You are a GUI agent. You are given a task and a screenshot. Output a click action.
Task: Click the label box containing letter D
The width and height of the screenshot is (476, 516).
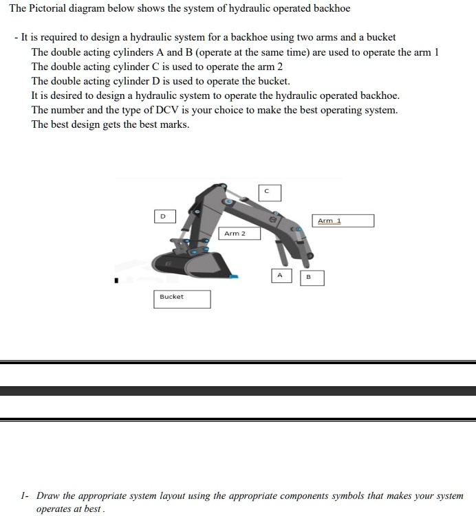[x=164, y=216]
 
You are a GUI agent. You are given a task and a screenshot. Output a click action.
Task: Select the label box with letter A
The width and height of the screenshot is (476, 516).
[x=281, y=276]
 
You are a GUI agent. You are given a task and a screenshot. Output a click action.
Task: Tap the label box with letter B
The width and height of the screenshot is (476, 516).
[x=312, y=278]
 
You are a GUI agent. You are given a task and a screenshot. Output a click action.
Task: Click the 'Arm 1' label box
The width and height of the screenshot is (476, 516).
[x=345, y=221]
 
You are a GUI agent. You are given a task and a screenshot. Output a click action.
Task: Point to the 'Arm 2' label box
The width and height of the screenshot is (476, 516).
[x=241, y=234]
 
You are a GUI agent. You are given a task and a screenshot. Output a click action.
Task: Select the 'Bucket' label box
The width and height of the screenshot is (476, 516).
[x=181, y=299]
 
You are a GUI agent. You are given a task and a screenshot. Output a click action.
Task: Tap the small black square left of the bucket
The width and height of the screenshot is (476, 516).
[x=116, y=280]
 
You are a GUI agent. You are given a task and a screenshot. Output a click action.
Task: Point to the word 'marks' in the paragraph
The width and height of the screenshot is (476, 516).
[x=173, y=124]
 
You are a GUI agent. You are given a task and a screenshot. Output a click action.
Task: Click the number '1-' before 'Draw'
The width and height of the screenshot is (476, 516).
[x=25, y=495]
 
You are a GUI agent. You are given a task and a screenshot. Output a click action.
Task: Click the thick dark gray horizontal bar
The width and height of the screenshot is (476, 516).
[x=238, y=390]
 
